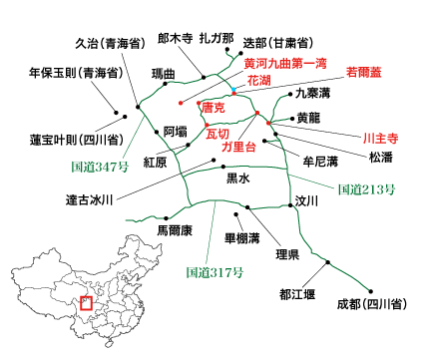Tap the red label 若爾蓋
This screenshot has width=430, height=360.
point(367,72)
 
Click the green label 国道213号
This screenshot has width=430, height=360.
point(362,187)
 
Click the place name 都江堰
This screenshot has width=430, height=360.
point(299,294)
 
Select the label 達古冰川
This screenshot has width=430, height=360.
point(90,198)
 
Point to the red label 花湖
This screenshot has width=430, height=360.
point(258,78)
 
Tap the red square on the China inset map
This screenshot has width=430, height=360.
point(86,299)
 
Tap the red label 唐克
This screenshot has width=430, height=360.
point(213,107)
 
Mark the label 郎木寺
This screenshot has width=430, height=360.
point(176,40)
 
